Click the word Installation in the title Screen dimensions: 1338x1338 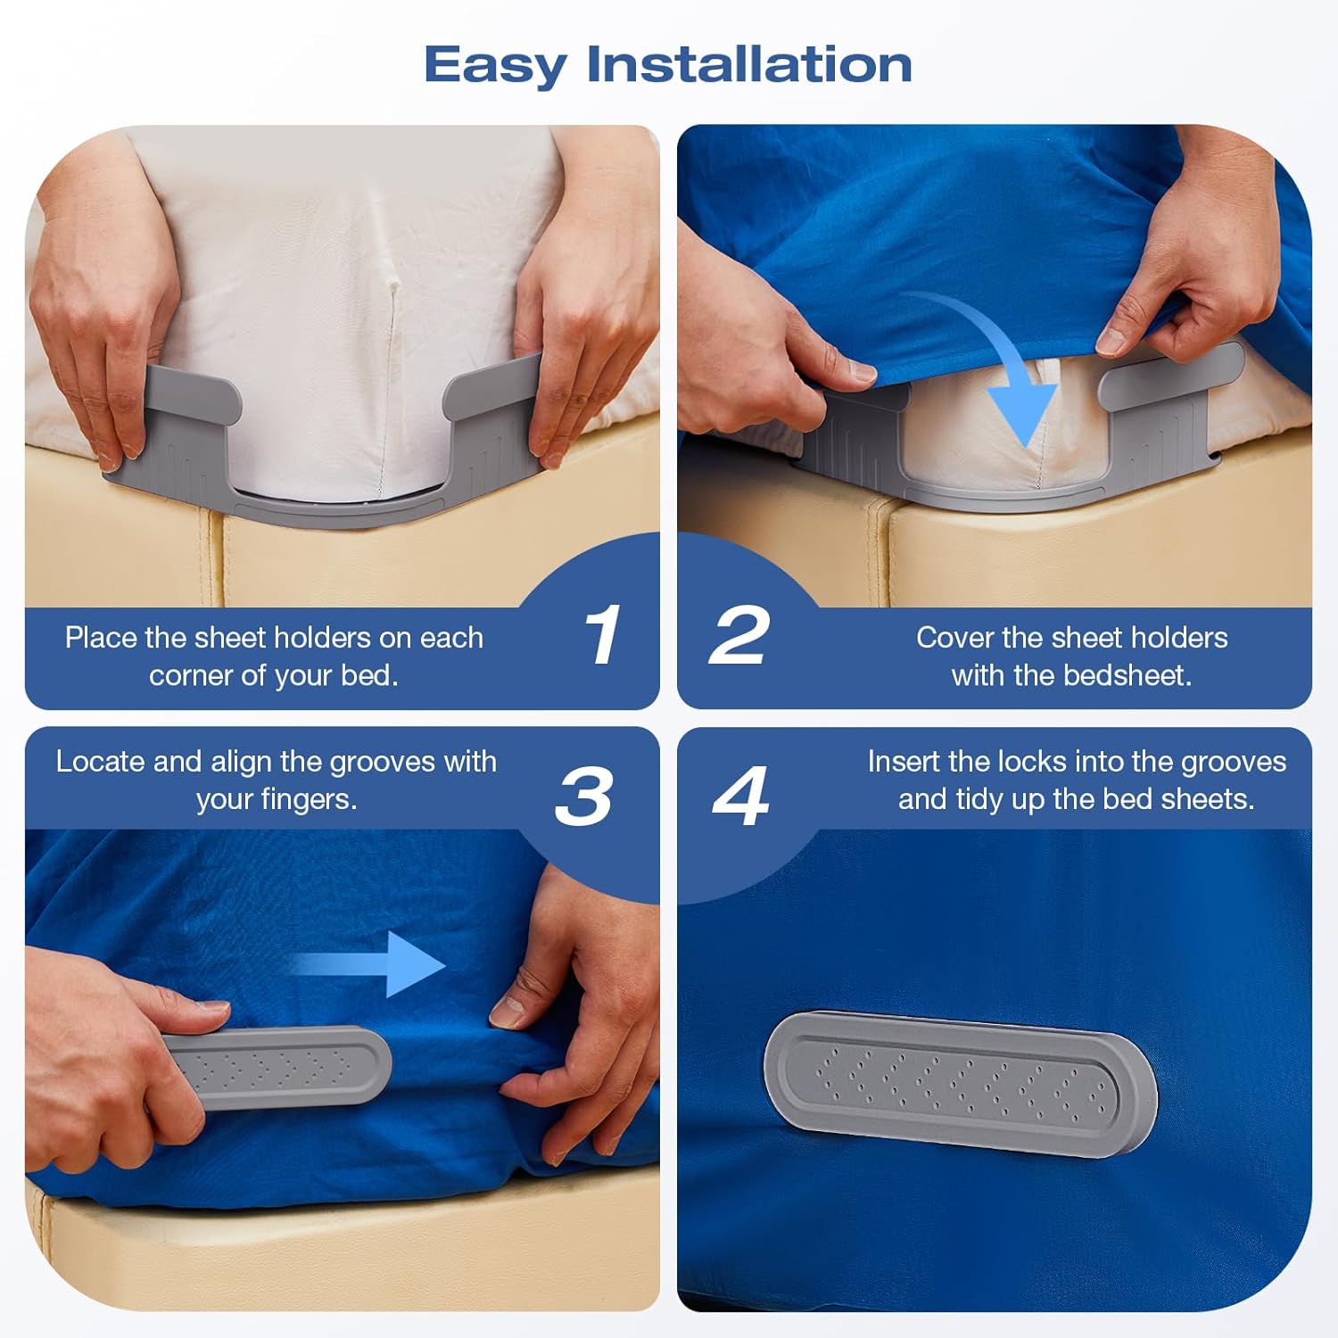(x=749, y=64)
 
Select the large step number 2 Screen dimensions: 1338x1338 (x=739, y=634)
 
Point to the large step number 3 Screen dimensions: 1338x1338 (x=583, y=795)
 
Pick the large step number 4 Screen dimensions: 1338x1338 (x=740, y=795)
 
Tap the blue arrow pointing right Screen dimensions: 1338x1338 (x=369, y=964)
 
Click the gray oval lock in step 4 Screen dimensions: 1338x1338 (x=961, y=1083)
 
